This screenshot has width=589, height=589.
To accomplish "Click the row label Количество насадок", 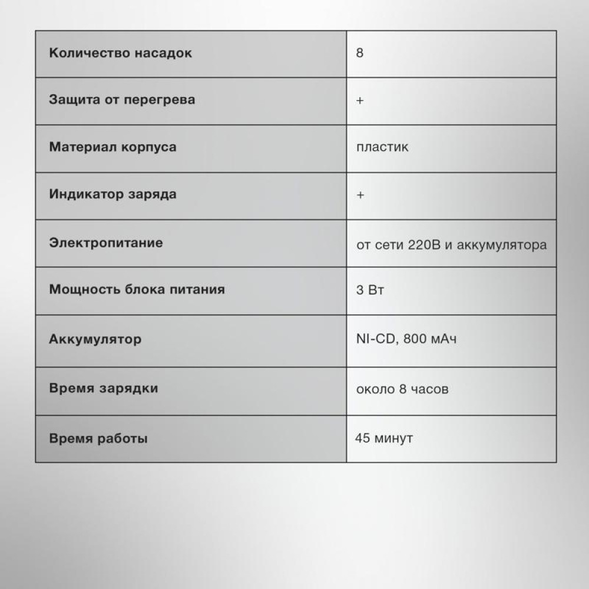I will pyautogui.click(x=120, y=54).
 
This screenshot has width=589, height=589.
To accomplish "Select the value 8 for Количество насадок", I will pyautogui.click(x=360, y=54).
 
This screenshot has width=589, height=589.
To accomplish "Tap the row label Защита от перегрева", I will pyautogui.click(x=122, y=100).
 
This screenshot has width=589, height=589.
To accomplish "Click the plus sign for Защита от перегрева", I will pyautogui.click(x=360, y=101).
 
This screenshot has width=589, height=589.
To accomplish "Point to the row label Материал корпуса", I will pyautogui.click(x=112, y=147).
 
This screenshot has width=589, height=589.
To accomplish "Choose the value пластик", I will pyautogui.click(x=382, y=147).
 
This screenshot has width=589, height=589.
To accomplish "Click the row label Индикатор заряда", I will pyautogui.click(x=112, y=194).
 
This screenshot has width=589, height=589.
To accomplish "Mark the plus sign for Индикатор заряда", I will pyautogui.click(x=360, y=196).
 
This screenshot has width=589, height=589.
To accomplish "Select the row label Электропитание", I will pyautogui.click(x=106, y=243).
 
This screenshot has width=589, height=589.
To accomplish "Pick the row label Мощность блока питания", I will pyautogui.click(x=137, y=290).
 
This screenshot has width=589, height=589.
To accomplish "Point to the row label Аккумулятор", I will pyautogui.click(x=95, y=340).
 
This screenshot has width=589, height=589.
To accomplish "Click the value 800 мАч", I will pyautogui.click(x=431, y=339).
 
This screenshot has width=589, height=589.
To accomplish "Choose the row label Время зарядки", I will pyautogui.click(x=104, y=389).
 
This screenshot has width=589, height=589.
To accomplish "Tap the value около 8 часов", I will pyautogui.click(x=402, y=389).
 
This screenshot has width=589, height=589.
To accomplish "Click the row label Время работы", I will pyautogui.click(x=98, y=439).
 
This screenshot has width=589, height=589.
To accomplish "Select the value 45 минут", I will pyautogui.click(x=384, y=439).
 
